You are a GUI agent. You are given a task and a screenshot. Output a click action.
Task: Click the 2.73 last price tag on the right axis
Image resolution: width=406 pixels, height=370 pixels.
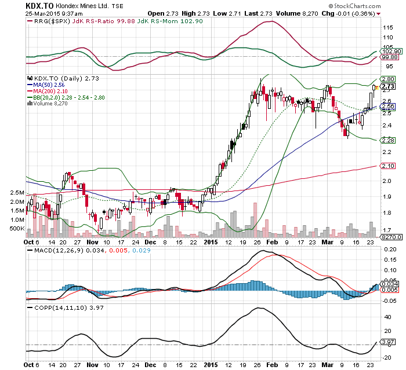(389, 86)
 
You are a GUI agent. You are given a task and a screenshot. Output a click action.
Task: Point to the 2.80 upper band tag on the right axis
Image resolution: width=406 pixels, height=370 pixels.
(388, 79)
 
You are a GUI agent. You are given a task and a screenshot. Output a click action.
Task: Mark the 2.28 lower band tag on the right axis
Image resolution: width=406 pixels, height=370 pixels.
(388, 141)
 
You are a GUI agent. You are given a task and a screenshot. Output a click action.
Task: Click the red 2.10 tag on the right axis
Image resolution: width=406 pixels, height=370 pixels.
(388, 166)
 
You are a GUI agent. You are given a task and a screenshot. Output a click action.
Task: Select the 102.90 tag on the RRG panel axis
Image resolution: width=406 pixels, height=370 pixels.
(390, 52)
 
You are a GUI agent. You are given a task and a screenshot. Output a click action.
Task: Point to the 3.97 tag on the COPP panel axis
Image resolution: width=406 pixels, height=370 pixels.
(389, 342)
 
